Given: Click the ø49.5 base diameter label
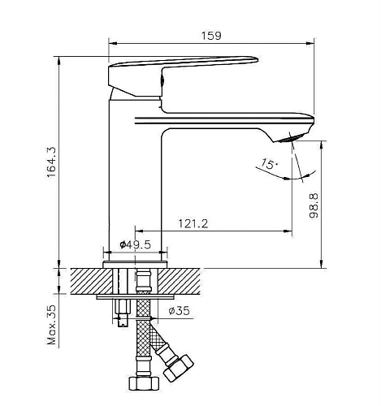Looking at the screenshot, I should pos(133,244).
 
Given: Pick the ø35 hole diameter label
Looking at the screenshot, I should pos(179,311).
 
